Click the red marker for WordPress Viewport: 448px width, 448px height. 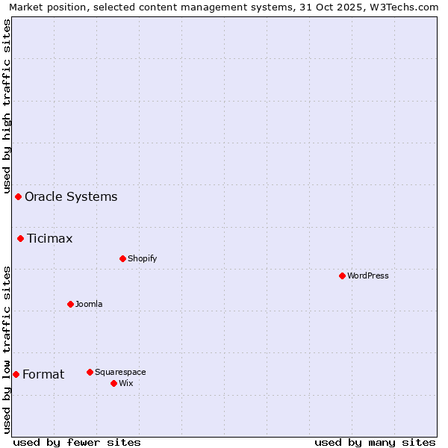tap(342, 276)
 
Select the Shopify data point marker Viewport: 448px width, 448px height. tap(122, 258)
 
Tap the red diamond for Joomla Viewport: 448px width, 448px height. tap(70, 304)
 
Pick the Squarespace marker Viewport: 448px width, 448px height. tap(90, 372)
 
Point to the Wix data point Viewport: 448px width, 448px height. tap(113, 383)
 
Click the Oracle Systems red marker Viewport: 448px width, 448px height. tap(18, 196)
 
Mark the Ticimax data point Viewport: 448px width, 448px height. tap(20, 238)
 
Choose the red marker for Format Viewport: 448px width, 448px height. tap(16, 374)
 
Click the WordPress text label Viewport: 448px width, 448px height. tap(368, 276)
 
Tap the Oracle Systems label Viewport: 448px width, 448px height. tap(71, 196)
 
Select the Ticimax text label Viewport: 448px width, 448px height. tap(50, 239)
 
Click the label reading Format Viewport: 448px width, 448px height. tap(43, 374)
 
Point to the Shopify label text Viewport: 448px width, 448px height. tap(142, 258)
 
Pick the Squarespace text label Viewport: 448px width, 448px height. tap(120, 372)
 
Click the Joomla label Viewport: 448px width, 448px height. tap(89, 304)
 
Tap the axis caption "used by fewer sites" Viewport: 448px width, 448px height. tap(77, 442)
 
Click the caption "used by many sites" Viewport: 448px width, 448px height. tap(375, 442)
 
